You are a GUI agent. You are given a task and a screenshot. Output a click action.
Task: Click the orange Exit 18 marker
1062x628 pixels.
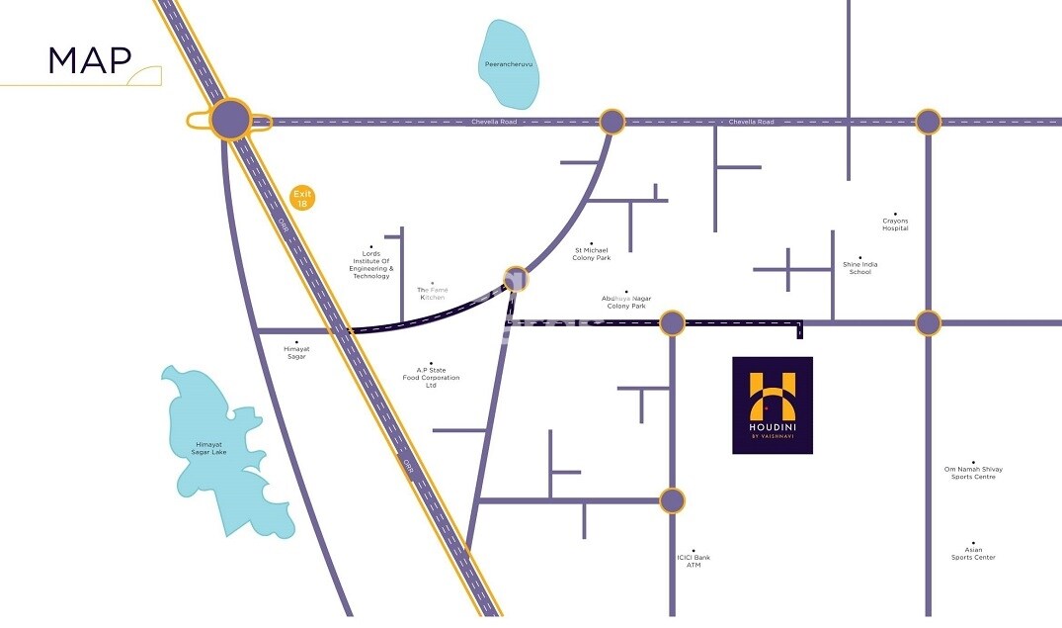point(302,198)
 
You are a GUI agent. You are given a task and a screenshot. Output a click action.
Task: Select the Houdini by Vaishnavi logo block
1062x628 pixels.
point(773,405)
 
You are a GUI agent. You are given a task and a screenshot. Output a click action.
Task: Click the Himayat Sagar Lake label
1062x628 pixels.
point(209,448)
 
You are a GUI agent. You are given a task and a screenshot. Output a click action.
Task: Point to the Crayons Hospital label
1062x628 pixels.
point(895,224)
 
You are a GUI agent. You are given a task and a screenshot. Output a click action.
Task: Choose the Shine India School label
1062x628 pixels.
point(859,268)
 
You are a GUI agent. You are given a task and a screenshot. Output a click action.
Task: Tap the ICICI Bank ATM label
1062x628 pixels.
point(694,561)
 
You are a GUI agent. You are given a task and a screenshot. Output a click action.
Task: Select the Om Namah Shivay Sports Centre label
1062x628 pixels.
point(973,473)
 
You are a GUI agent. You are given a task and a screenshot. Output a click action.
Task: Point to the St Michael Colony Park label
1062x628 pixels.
point(592,254)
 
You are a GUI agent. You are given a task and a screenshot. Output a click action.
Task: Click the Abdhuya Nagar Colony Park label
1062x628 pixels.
point(626,302)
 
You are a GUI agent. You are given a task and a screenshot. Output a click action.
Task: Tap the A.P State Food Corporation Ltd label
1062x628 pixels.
point(431,378)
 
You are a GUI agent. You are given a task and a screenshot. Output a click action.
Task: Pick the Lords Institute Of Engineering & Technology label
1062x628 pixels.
point(371,265)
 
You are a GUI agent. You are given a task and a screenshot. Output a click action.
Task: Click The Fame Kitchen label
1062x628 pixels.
point(432,293)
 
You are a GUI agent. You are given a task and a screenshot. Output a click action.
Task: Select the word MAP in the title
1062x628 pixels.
point(90,60)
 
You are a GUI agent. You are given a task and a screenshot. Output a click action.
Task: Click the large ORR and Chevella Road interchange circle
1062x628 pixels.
point(230,120)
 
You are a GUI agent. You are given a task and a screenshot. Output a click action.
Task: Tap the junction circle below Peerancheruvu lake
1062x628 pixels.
point(613,122)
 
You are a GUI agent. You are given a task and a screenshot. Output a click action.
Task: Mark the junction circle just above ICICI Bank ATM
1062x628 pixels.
point(672,500)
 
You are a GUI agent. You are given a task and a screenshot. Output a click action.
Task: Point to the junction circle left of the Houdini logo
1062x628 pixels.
point(672,322)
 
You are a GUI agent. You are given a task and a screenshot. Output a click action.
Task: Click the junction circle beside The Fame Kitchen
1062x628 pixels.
point(515,280)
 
